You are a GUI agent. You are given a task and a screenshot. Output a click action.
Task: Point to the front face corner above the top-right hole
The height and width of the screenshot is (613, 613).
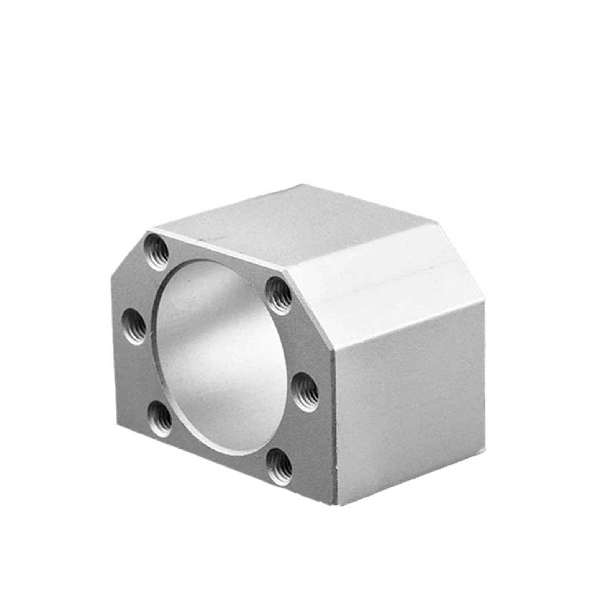point(285,270)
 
